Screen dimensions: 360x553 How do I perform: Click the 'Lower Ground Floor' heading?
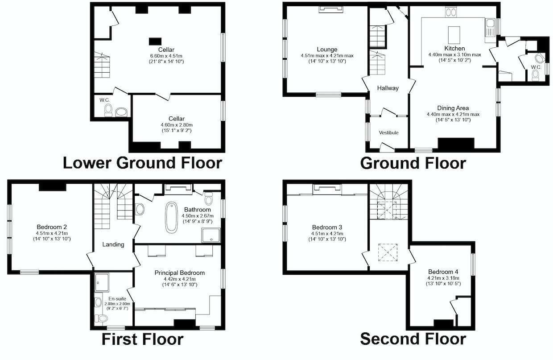tap(142, 163)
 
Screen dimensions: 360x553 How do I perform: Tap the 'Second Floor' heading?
tap(413, 339)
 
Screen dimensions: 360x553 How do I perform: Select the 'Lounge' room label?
tap(327, 50)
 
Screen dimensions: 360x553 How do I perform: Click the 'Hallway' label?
tap(388, 88)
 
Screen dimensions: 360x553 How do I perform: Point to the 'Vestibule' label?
tap(388, 132)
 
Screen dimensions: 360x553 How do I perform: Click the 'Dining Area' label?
tap(453, 108)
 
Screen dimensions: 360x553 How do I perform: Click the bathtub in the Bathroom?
tap(171, 217)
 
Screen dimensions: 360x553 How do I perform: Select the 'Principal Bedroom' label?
tap(179, 273)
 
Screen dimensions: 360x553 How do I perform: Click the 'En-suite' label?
tap(117, 298)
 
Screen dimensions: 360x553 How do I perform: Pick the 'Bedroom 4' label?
tap(443, 272)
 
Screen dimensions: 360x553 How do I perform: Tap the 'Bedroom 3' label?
tap(327, 227)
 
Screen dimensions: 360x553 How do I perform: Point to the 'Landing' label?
tap(113, 244)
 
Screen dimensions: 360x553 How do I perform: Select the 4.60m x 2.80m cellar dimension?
tap(177, 125)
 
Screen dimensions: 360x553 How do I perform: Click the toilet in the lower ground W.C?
tap(108, 110)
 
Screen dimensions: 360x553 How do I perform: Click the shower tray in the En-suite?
tap(103, 281)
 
